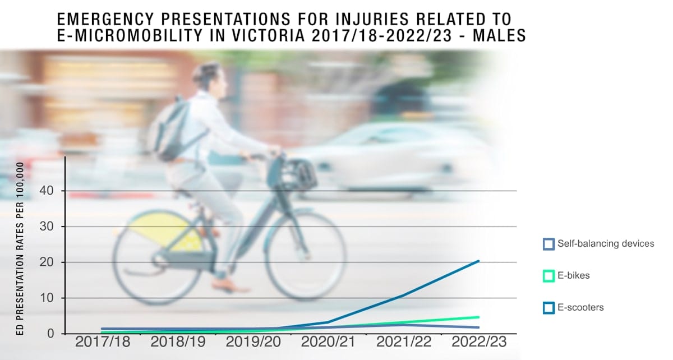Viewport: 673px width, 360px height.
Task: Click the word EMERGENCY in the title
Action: click(105, 19)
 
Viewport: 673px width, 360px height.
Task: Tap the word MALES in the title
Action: click(499, 35)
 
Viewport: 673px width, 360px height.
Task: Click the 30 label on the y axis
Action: click(47, 227)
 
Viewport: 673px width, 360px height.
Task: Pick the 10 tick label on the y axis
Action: click(47, 298)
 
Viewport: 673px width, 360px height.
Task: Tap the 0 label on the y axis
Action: click(50, 334)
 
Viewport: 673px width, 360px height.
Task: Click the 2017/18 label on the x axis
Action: click(103, 341)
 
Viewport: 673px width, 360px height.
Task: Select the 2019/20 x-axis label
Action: click(253, 341)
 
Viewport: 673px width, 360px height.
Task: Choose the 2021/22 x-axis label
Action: click(404, 341)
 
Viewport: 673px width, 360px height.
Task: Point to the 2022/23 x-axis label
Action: click(479, 341)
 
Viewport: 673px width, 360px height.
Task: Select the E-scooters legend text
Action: click(580, 307)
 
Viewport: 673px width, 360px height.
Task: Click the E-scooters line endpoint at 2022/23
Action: click(478, 261)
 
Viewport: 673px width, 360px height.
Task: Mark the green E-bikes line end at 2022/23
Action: click(478, 317)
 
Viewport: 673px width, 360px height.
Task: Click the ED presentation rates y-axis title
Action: click(20, 249)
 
